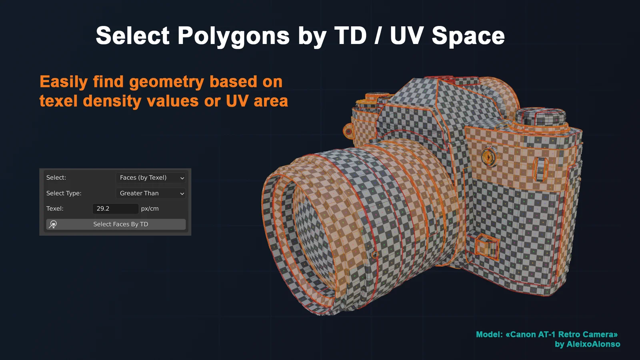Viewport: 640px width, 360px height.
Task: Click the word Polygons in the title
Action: [x=233, y=36]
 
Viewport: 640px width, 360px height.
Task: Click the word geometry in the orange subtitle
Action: [x=167, y=82]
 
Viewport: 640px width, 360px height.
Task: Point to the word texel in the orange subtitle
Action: [x=58, y=101]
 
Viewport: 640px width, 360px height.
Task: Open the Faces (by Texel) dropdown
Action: [x=151, y=178]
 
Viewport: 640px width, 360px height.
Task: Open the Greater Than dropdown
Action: [x=151, y=193]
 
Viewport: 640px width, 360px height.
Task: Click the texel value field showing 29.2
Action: [x=115, y=208]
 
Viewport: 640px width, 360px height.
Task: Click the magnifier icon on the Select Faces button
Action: [x=53, y=224]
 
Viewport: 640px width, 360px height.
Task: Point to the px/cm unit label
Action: [x=150, y=208]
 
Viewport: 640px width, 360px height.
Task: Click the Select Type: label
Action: [x=64, y=193]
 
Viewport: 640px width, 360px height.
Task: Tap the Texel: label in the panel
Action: [x=55, y=208]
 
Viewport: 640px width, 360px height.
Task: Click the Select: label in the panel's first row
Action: [x=56, y=178]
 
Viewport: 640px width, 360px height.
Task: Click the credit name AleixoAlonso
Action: [x=593, y=344]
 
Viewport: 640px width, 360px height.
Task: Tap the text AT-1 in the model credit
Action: [x=546, y=334]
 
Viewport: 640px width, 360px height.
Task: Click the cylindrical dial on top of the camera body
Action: [x=540, y=116]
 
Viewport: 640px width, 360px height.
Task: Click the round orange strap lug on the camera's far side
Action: [x=348, y=131]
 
